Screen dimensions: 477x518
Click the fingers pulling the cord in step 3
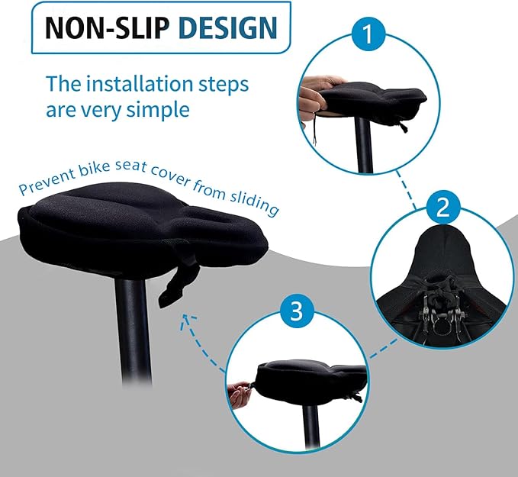click(238, 395)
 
